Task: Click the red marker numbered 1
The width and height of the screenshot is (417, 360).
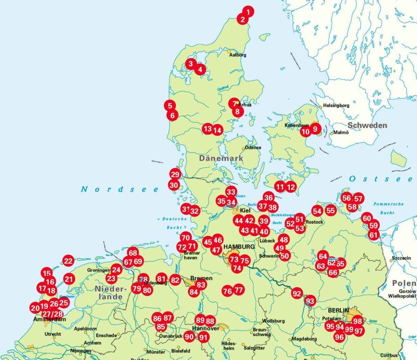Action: click(248, 11)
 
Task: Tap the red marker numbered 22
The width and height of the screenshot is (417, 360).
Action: click(68, 261)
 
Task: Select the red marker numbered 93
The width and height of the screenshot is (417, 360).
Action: click(310, 301)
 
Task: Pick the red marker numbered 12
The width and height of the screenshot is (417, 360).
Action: click(291, 187)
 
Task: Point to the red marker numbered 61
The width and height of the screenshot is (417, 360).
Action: click(374, 235)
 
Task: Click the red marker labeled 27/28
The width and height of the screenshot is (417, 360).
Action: click(52, 314)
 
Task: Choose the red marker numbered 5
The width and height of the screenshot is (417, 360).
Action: click(170, 106)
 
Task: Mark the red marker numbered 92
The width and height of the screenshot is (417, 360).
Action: click(297, 294)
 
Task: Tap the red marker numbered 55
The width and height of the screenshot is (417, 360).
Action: click(331, 210)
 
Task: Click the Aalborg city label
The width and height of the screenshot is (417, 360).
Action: click(238, 55)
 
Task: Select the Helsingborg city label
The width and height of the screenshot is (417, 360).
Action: click(336, 105)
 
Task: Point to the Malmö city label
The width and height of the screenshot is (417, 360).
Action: click(341, 132)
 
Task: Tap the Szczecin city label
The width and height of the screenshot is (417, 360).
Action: click(401, 258)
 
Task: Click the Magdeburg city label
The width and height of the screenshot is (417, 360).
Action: click(304, 339)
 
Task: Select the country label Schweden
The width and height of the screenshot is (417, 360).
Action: click(367, 125)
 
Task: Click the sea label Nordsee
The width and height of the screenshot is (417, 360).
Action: click(120, 189)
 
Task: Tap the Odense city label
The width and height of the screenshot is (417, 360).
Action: click(253, 148)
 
